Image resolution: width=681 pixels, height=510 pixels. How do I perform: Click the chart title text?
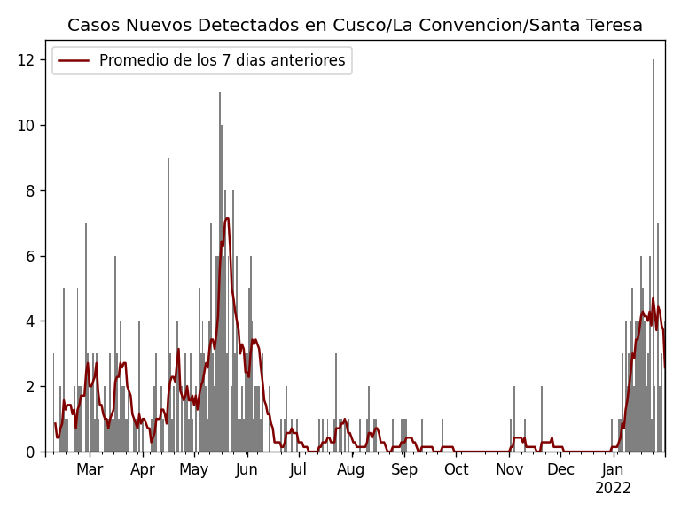[355, 26]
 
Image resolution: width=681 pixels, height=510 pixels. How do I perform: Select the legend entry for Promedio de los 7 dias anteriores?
[222, 61]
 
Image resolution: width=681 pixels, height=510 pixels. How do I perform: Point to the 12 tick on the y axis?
[27, 60]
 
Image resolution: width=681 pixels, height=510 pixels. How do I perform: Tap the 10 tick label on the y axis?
[27, 126]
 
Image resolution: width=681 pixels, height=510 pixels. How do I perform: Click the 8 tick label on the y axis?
[30, 190]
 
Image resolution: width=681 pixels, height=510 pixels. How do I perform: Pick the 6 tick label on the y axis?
[30, 256]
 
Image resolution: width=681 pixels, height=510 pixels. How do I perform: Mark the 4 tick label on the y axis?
[30, 321]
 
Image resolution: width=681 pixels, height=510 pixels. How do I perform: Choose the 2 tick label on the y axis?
[30, 387]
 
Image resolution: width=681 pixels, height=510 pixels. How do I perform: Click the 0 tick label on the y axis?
[30, 452]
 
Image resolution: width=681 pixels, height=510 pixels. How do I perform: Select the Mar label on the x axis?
[90, 470]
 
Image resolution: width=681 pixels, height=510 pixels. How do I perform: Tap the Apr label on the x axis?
[143, 470]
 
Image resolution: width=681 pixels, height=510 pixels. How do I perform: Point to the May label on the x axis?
[194, 470]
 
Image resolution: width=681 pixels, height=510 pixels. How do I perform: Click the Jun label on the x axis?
[247, 470]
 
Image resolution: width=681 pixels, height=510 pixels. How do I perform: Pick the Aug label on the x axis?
[351, 470]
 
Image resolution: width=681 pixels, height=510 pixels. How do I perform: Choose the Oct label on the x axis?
[456, 470]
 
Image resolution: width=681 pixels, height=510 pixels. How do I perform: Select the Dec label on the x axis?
[560, 470]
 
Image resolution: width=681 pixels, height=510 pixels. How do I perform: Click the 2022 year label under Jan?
[613, 489]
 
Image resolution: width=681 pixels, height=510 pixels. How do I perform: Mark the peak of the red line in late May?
[227, 218]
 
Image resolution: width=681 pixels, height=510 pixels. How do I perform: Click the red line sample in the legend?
[74, 61]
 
